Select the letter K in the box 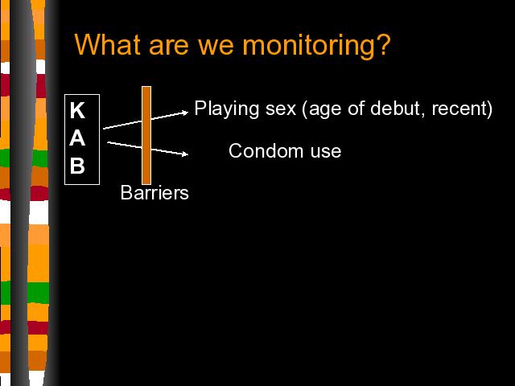tap(77, 110)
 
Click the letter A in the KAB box tap(77, 138)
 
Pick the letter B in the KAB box tap(77, 166)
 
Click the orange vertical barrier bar tap(146, 136)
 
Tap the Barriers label tap(154, 192)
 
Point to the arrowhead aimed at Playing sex tap(186, 113)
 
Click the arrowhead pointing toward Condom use tap(186, 154)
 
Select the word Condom tap(266, 151)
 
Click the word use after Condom tap(326, 152)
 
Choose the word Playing tap(227, 109)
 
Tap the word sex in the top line tap(281, 110)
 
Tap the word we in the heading tap(216, 47)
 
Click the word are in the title tap(169, 47)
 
